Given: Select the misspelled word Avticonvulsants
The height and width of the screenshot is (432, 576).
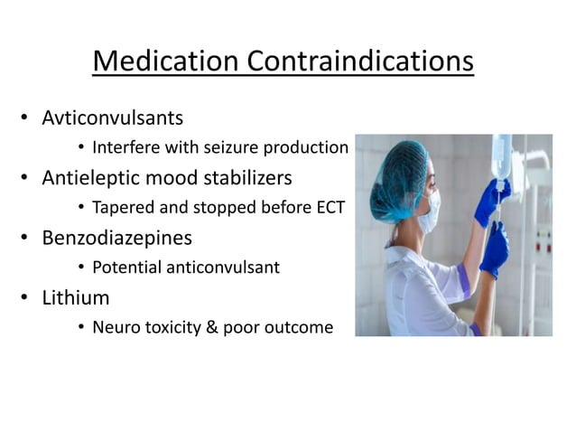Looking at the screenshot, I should coord(112,117).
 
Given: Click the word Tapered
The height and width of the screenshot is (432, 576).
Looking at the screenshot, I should coord(122,208).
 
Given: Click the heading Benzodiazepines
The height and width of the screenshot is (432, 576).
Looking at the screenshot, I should coord(117,238).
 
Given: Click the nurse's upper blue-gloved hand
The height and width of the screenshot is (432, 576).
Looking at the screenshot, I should coord(496,194).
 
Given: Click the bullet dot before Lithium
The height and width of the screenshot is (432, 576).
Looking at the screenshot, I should coord(27,298).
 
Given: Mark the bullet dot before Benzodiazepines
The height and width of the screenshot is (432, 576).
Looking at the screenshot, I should coord(27,239).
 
